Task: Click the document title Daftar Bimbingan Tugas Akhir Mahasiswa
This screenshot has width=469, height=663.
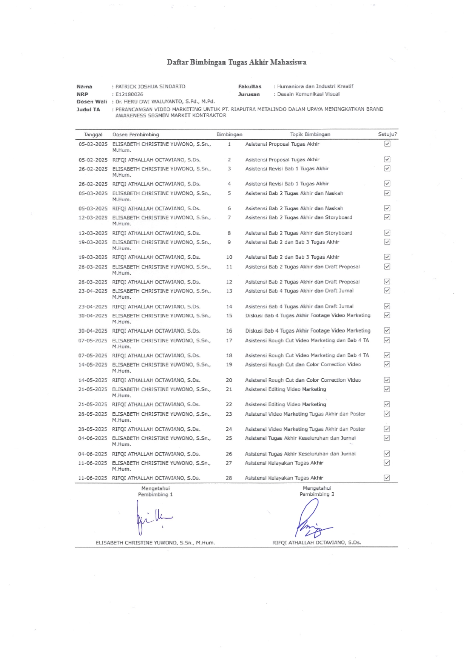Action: point(236,62)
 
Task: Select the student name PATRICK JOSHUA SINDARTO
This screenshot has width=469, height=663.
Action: point(150,86)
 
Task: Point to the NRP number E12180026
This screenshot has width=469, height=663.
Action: point(129,94)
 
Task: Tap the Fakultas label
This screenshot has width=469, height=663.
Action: point(250,86)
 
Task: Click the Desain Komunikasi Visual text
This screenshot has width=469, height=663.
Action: point(308,94)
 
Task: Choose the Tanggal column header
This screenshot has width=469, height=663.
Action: point(93,134)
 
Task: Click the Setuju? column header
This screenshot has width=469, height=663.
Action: point(387,134)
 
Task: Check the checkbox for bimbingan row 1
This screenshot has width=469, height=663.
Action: point(387,144)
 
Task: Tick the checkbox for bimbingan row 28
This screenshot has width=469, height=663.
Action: point(387,478)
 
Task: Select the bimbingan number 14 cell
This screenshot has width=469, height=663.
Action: point(229,307)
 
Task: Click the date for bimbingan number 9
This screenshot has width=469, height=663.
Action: point(93,242)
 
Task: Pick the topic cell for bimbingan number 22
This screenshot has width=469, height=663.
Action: point(285,404)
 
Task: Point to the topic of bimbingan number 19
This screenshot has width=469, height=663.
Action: point(302,364)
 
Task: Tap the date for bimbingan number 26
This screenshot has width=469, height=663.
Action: point(93,454)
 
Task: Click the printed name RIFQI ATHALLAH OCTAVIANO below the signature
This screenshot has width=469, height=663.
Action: point(316,543)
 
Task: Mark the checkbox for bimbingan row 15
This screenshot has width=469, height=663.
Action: point(387,315)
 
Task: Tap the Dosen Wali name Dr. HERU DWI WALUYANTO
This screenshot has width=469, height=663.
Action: point(165,102)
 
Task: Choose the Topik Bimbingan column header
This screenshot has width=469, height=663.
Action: point(310,134)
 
